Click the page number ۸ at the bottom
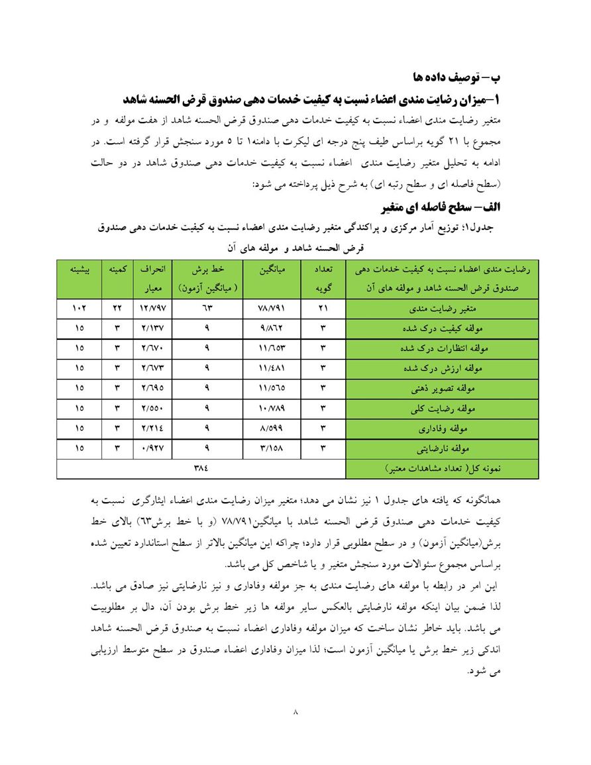coord(295,713)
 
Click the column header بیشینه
coord(80,270)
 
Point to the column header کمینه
coord(117,270)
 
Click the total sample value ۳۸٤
coord(201,468)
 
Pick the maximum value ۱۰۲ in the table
coord(80,309)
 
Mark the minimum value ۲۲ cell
coord(117,309)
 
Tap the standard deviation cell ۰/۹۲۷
coord(152,448)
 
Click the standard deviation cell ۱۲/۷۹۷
coord(152,309)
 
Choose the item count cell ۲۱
coord(323,309)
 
